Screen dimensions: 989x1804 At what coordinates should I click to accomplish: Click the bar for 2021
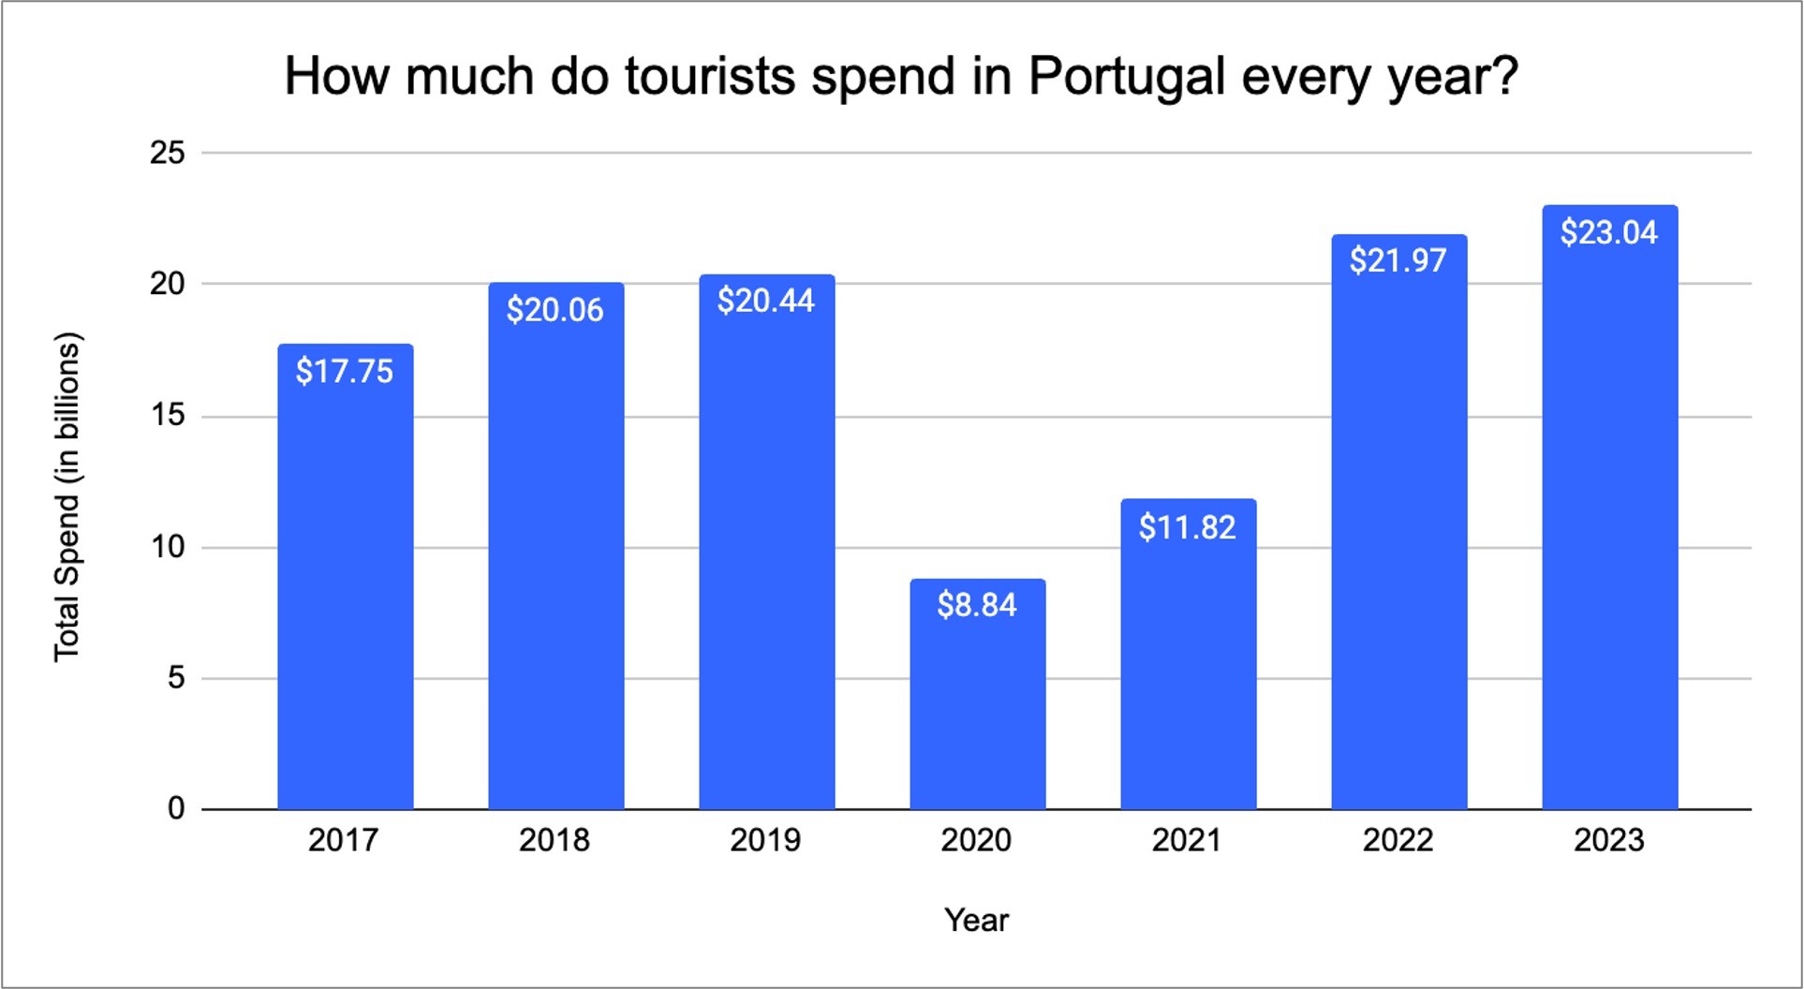coord(1188,674)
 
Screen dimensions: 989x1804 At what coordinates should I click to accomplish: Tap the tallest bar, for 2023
coord(1609,524)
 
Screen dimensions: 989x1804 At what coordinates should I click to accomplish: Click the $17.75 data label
coord(345,372)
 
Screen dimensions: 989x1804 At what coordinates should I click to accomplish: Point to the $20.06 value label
coord(555,310)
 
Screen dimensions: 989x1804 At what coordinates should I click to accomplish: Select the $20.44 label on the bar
coord(766,301)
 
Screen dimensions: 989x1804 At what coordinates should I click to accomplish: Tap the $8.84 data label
coord(977,605)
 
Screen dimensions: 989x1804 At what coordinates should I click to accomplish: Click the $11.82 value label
coord(1188,527)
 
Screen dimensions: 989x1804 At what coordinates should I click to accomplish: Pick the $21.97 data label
coord(1398,260)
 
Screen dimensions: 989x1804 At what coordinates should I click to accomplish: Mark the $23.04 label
coord(1609,232)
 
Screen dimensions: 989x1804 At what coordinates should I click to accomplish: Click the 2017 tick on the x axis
coord(344,840)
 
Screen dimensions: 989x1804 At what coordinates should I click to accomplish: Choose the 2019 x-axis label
coord(765,840)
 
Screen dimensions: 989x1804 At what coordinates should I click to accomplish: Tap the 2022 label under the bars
coord(1397,840)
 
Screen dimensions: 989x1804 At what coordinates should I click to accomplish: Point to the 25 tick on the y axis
coord(168,153)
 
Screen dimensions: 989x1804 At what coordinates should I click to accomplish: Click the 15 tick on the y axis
coord(168,415)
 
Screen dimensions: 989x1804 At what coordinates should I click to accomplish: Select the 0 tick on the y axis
coord(176,808)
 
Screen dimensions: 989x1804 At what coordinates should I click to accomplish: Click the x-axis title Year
coord(976,920)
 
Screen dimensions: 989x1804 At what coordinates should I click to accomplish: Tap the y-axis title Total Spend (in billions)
coord(67,496)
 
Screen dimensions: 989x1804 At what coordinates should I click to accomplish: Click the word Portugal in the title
coord(1127,77)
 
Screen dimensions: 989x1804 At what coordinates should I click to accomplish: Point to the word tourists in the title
coord(710,77)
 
